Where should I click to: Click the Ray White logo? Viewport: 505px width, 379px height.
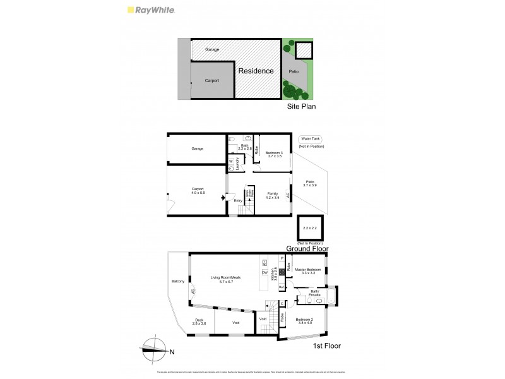click(151, 10)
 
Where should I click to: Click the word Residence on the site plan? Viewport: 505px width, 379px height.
click(256, 71)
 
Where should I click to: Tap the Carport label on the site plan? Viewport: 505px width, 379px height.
click(212, 81)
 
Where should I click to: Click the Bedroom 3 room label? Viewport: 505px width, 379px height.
click(274, 153)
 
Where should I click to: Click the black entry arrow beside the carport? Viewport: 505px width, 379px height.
click(223, 198)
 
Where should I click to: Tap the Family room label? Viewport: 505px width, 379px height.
click(273, 193)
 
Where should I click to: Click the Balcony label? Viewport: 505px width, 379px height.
click(177, 281)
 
